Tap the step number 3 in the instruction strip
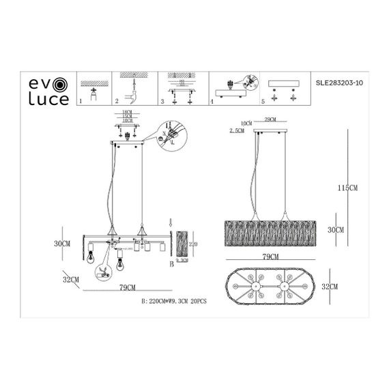162,102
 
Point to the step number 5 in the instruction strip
263,102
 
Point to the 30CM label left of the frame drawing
63,244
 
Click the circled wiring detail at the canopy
168,132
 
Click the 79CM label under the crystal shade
270,257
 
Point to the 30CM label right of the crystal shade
335,231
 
